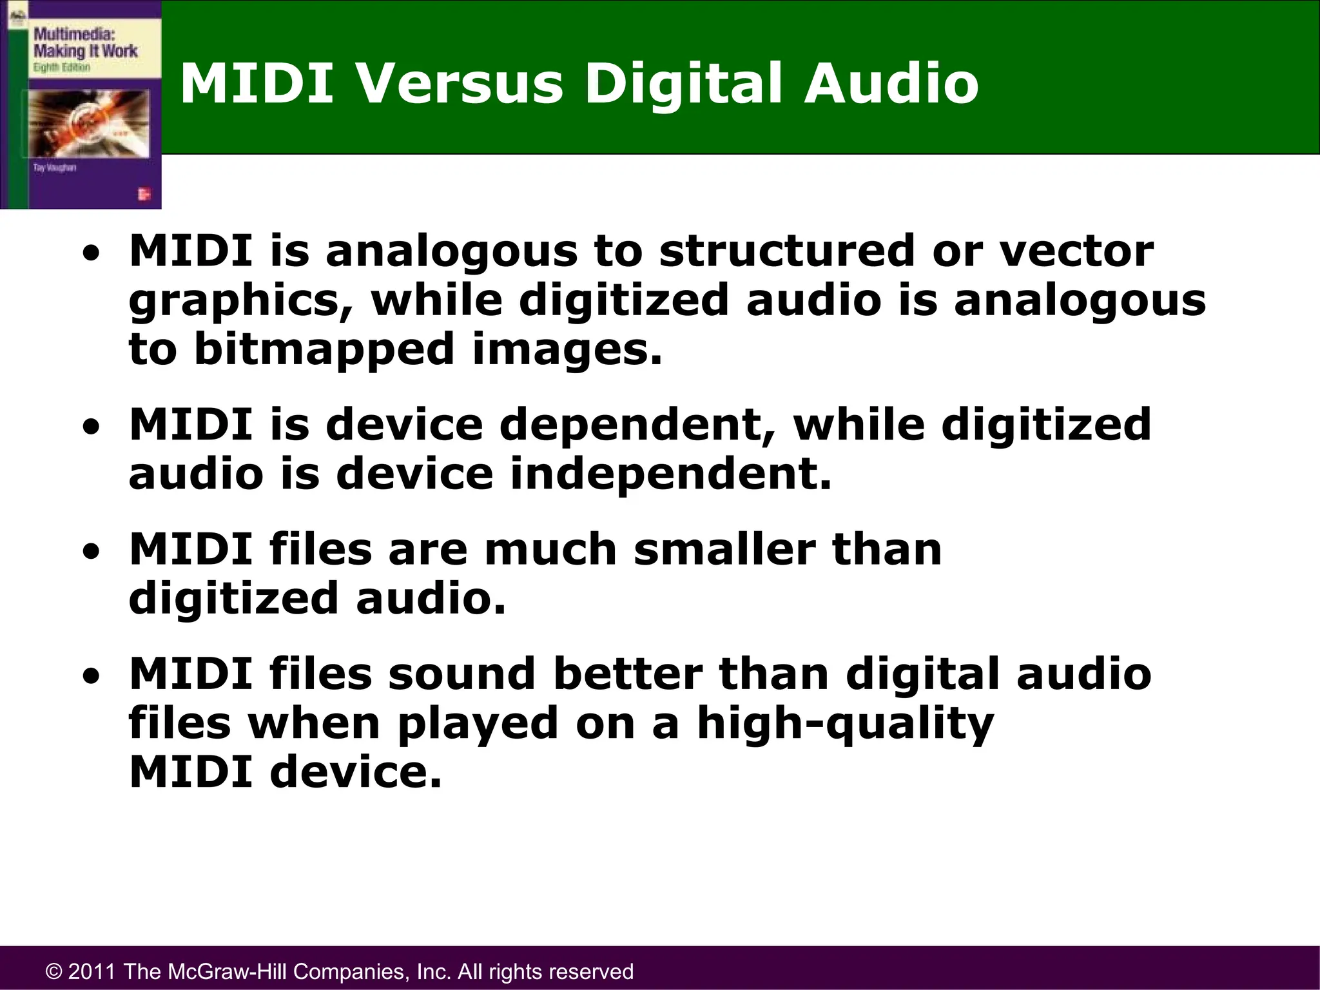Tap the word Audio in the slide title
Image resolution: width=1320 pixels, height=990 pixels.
tap(891, 84)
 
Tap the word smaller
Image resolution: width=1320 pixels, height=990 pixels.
tap(724, 550)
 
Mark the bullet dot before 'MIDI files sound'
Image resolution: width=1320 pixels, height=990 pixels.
tap(94, 676)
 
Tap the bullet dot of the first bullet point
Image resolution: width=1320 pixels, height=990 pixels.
tap(94, 253)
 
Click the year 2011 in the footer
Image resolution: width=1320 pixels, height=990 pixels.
tap(92, 971)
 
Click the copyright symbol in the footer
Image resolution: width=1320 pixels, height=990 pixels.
tap(55, 971)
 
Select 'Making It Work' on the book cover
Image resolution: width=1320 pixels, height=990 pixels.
tap(85, 51)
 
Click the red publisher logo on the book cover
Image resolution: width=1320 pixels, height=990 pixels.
tap(143, 193)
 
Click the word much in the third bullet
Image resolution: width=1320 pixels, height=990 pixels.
tap(550, 550)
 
